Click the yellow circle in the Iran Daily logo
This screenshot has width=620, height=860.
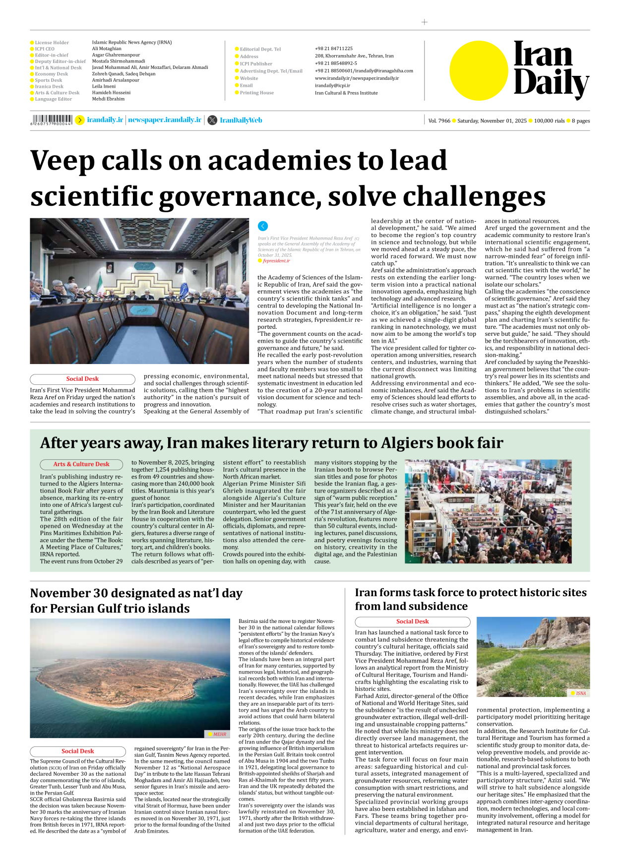(479, 70)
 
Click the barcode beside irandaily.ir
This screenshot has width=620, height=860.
(52, 120)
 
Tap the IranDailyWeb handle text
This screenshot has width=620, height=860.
(241, 120)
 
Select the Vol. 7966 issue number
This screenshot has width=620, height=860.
(439, 121)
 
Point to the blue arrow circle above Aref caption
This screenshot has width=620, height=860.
(263, 226)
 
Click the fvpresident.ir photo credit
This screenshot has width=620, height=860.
(276, 261)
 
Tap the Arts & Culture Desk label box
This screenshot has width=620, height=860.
(81, 464)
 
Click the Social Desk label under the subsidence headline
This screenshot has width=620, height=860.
(412, 621)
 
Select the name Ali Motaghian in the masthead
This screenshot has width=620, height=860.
(107, 49)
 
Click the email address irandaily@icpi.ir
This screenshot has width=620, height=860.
(332, 85)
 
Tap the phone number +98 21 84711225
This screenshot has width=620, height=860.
(333, 49)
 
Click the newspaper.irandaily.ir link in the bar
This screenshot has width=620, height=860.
(165, 120)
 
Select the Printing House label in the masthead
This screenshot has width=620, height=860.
(256, 93)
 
